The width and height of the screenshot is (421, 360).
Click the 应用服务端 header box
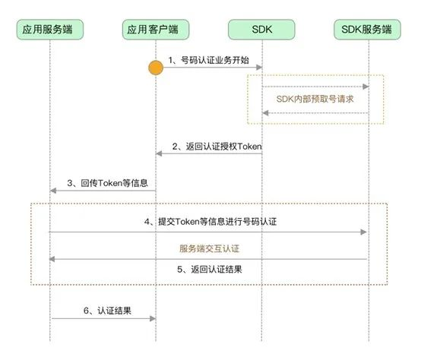pyautogui.click(x=49, y=30)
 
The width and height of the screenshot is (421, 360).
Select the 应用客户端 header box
pyautogui.click(x=156, y=30)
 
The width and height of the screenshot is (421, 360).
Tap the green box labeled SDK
pyautogui.click(x=262, y=30)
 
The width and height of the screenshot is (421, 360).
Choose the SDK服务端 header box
pyautogui.click(x=368, y=30)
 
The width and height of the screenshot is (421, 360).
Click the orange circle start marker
pyautogui.click(x=156, y=68)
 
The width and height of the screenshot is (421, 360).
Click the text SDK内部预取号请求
pyautogui.click(x=315, y=99)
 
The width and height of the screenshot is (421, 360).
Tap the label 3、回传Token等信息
pyautogui.click(x=103, y=182)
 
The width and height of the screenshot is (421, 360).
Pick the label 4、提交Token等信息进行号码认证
pyautogui.click(x=209, y=222)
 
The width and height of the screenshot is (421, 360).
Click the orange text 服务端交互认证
pyautogui.click(x=209, y=248)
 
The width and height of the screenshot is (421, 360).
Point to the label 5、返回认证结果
pyautogui.click(x=209, y=269)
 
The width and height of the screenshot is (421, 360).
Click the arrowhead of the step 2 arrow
pyautogui.click(x=160, y=154)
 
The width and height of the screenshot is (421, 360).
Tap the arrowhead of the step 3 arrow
pyautogui.click(x=53, y=191)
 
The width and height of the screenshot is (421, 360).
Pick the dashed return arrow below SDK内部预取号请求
pyautogui.click(x=315, y=113)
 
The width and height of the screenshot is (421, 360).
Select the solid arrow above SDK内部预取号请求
pyautogui.click(x=315, y=87)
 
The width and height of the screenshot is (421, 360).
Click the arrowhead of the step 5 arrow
pyautogui.click(x=53, y=259)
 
